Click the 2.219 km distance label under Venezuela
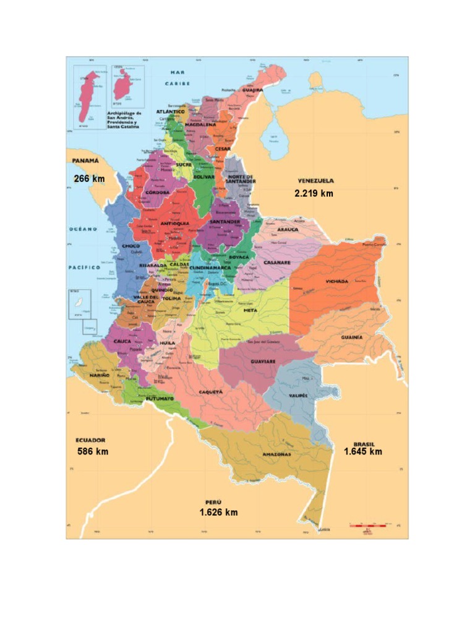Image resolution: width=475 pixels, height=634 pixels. pyautogui.click(x=314, y=193)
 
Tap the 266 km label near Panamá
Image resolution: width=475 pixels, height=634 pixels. pyautogui.click(x=89, y=179)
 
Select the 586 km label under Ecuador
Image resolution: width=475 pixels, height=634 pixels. pyautogui.click(x=93, y=451)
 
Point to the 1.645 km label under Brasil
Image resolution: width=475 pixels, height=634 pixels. pyautogui.click(x=362, y=451)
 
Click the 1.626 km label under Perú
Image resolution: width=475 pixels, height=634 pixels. pyautogui.click(x=218, y=512)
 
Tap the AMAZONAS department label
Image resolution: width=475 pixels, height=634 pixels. pyautogui.click(x=276, y=454)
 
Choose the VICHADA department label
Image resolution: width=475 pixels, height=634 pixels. pyautogui.click(x=336, y=281)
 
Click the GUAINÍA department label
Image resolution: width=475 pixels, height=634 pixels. pyautogui.click(x=351, y=337)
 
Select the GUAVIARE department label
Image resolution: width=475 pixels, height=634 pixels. pyautogui.click(x=263, y=361)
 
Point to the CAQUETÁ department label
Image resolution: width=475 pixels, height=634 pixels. pyautogui.click(x=210, y=392)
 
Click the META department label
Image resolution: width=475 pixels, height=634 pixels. pyautogui.click(x=250, y=310)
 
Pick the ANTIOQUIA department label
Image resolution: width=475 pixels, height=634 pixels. pyautogui.click(x=174, y=224)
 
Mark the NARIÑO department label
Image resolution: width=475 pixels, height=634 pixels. pyautogui.click(x=100, y=375)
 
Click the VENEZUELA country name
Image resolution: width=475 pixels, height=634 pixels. pyautogui.click(x=315, y=181)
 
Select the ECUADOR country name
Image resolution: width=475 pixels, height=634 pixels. pyautogui.click(x=90, y=440)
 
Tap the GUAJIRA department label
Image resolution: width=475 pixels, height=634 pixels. pyautogui.click(x=252, y=90)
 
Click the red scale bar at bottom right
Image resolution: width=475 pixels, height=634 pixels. pyautogui.click(x=369, y=526)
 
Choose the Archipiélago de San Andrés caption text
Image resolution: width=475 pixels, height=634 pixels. pyautogui.click(x=124, y=119)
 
